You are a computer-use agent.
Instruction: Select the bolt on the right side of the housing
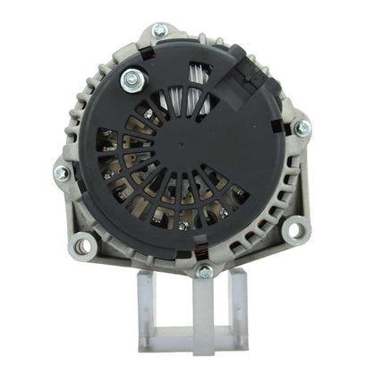pyautogui.click(x=302, y=128)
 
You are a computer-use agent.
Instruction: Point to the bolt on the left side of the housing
pyautogui.click(x=62, y=173)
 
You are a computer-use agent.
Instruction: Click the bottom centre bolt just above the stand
pyautogui.click(x=205, y=270)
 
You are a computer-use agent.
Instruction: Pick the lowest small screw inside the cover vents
pyautogui.click(x=183, y=225)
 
